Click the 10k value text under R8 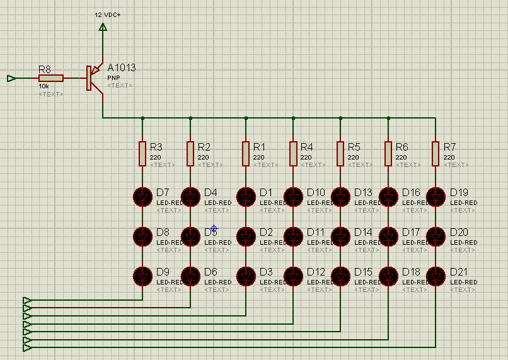(x=43, y=86)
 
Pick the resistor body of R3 (x=143, y=153)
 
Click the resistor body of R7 (x=436, y=153)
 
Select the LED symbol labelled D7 (x=143, y=197)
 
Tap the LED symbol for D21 (x=436, y=276)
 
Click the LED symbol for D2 (x=246, y=236)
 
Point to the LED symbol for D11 (x=293, y=236)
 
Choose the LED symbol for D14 (x=340, y=236)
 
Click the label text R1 (x=258, y=147)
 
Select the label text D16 (x=410, y=192)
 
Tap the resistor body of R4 (x=293, y=153)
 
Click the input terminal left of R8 (x=11, y=78)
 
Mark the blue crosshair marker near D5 (x=214, y=228)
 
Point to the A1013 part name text (x=122, y=68)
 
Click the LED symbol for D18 (x=388, y=276)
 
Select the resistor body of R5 (x=340, y=153)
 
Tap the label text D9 (x=163, y=272)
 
